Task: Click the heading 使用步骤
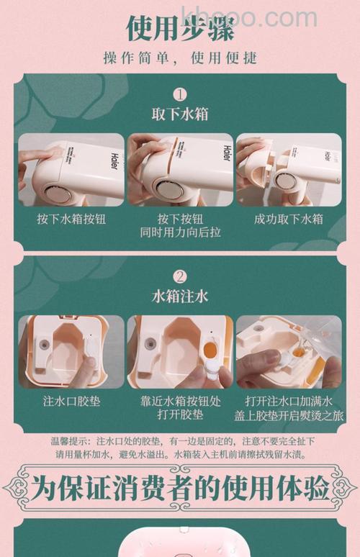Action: point(179,27)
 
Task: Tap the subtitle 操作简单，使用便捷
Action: point(179,57)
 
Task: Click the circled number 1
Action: point(179,94)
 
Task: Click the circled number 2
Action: point(179,276)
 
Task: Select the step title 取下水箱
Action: point(179,115)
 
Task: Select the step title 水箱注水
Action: point(179,296)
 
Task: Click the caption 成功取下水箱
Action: point(289,219)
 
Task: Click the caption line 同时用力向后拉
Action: point(179,233)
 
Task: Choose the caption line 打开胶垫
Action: point(179,415)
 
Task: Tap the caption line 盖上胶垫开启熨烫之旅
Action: point(289,415)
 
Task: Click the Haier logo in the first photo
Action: point(114,159)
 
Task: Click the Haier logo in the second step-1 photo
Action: point(226,154)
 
